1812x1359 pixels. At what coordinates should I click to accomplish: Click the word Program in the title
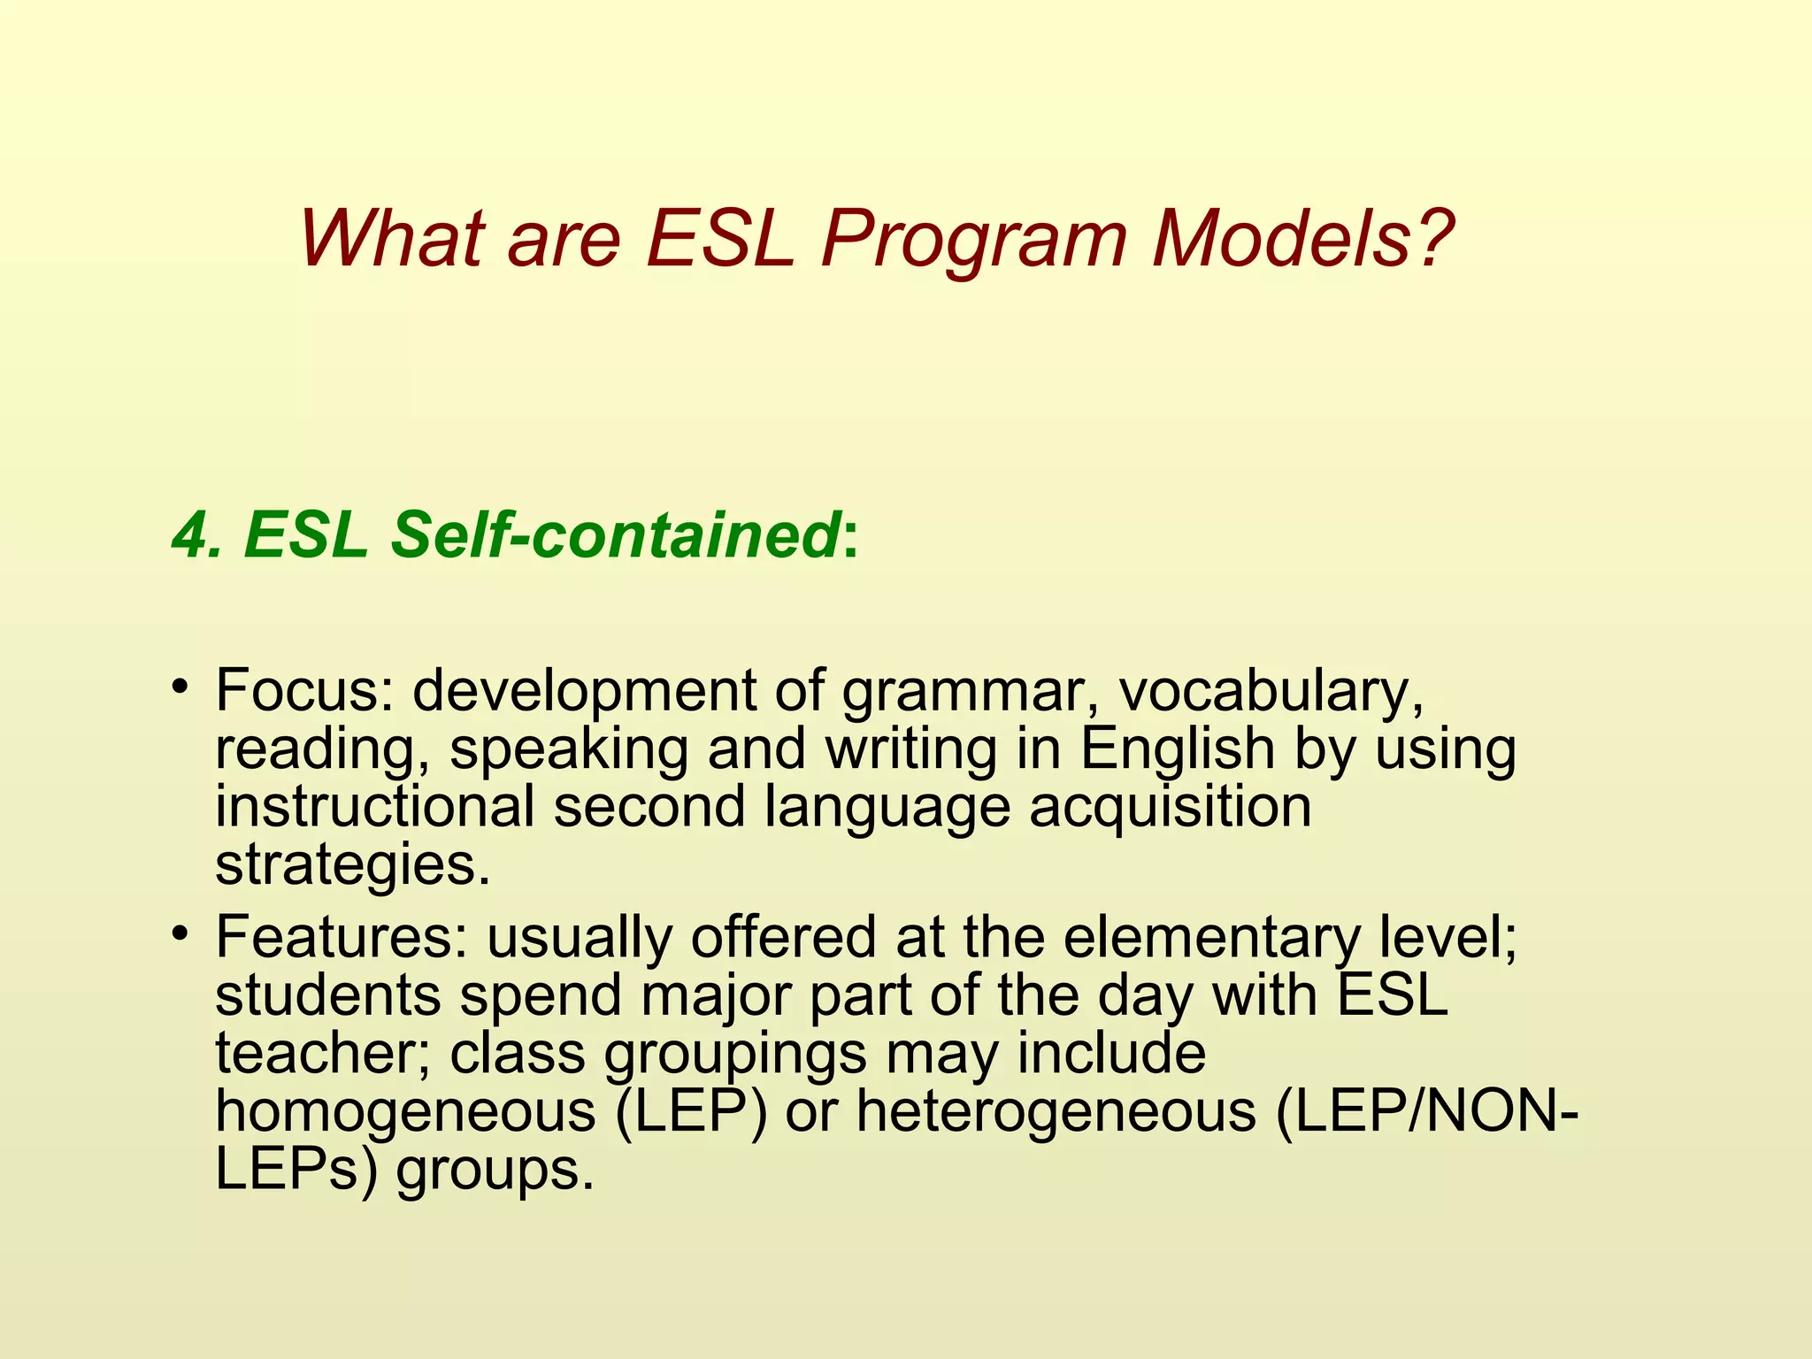click(x=973, y=241)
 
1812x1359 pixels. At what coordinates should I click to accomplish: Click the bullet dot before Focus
click(x=180, y=687)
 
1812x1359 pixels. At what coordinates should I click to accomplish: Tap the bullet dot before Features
click(x=180, y=933)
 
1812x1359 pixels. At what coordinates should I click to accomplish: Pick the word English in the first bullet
click(x=1176, y=749)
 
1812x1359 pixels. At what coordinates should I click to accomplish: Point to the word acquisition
click(x=1170, y=808)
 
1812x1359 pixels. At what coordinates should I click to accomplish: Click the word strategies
click(x=351, y=865)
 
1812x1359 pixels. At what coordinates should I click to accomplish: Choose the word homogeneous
click(x=405, y=1112)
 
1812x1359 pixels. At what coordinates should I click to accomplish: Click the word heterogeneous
click(x=1056, y=1112)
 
